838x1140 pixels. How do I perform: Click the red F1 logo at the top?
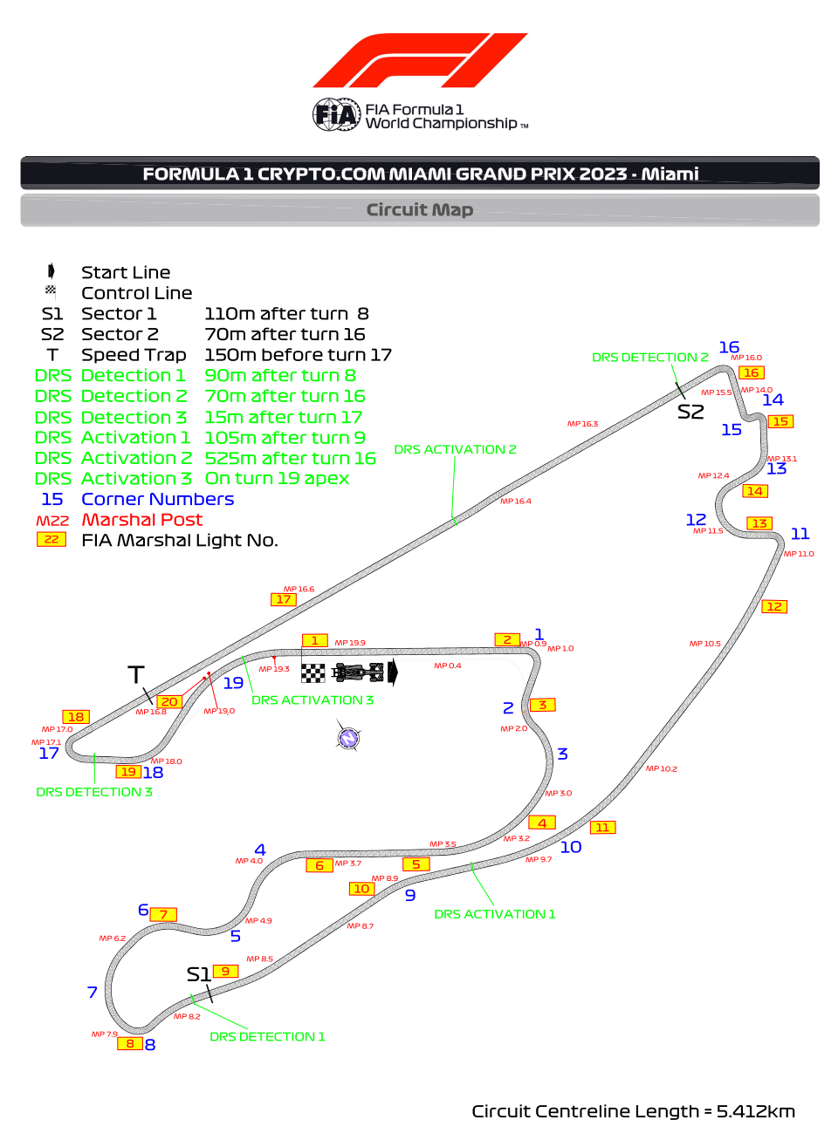419,61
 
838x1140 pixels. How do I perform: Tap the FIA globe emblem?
336,114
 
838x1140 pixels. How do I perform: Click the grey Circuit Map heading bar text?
419,210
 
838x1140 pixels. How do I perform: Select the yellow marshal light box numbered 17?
284,600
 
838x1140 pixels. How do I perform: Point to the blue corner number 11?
800,534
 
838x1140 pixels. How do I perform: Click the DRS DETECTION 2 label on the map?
649,358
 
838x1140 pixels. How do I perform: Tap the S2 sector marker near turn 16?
690,412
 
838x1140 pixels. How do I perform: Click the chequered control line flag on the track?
313,672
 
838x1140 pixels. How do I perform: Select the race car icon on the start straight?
358,672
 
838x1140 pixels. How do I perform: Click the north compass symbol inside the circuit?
348,739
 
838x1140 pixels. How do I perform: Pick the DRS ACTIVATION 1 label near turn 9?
494,914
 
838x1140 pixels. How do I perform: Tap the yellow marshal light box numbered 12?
774,607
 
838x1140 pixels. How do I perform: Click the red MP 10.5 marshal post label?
705,644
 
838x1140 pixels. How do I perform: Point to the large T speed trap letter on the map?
136,675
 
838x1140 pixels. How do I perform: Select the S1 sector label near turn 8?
198,974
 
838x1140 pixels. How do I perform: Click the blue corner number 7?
93,993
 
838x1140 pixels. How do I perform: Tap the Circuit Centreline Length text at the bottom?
633,1111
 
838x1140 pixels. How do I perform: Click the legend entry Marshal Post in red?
141,520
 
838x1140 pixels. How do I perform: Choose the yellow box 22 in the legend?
52,540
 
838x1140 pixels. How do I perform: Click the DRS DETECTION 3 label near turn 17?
94,792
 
